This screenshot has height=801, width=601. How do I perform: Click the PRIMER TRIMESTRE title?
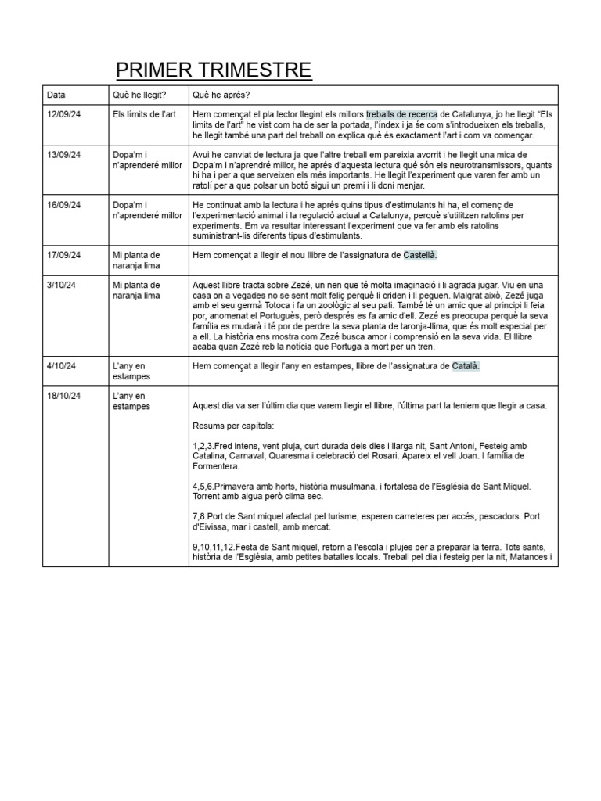[x=214, y=70]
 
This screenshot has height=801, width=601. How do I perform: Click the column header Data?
[x=56, y=95]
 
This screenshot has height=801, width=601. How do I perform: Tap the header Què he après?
[x=221, y=95]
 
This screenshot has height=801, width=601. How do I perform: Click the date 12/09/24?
[x=65, y=114]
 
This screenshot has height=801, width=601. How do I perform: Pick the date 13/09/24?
[x=65, y=155]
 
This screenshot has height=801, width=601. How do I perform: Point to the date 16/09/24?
[x=65, y=205]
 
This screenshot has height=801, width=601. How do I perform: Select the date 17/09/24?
[x=65, y=255]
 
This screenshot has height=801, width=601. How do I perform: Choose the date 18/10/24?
[x=65, y=396]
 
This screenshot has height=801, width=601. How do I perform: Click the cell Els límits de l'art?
[x=145, y=114]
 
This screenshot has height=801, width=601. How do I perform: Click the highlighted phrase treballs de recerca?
[x=402, y=114]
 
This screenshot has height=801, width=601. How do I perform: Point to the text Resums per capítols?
[x=233, y=426]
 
